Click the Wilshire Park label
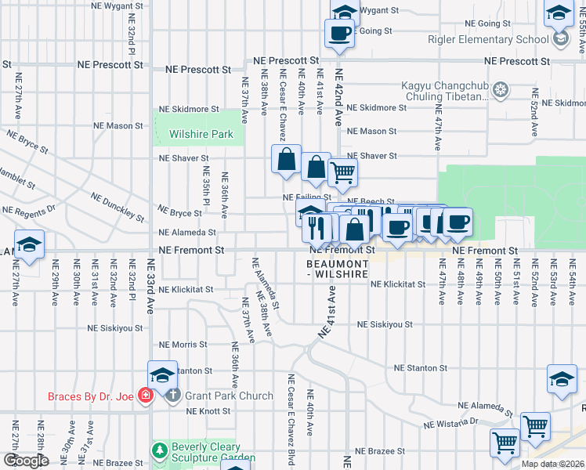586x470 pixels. [x=201, y=134]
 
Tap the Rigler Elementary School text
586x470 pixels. [x=487, y=39]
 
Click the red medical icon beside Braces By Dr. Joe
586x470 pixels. [x=144, y=396]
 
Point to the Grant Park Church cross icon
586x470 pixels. [x=173, y=396]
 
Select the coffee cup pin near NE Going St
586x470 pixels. [x=339, y=33]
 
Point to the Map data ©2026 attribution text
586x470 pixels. [x=552, y=464]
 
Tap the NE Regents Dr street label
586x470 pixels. [x=30, y=210]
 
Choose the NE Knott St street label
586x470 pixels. [x=206, y=410]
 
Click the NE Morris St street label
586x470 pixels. [x=183, y=345]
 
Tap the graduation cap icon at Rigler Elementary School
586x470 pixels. [x=560, y=38]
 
